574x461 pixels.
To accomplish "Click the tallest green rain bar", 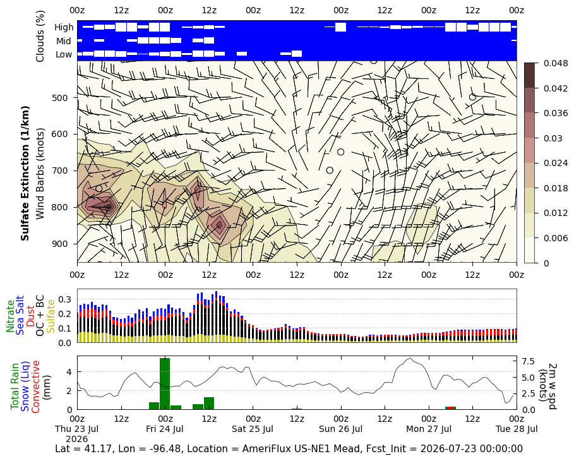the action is [165, 384].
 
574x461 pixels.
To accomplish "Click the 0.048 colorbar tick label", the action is [556, 63].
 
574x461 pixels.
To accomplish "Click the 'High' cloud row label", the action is [64, 27].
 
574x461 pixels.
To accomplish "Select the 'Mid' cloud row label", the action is [63, 41].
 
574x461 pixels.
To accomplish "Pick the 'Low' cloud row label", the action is [64, 54].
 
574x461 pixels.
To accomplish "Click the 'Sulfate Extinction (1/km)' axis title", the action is [25, 174].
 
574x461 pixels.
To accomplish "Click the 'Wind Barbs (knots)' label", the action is [40, 174].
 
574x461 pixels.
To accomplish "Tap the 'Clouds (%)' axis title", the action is [40, 36].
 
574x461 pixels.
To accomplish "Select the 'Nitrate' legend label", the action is [10, 316].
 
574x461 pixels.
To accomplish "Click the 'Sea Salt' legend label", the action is [20, 315].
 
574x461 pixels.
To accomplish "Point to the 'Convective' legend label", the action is [35, 386].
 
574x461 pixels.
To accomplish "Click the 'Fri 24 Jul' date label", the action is [165, 429].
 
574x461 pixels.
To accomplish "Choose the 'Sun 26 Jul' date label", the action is [341, 429].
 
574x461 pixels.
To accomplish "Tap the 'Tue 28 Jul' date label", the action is [517, 429].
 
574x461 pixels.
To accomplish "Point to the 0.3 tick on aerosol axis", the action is [64, 299].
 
